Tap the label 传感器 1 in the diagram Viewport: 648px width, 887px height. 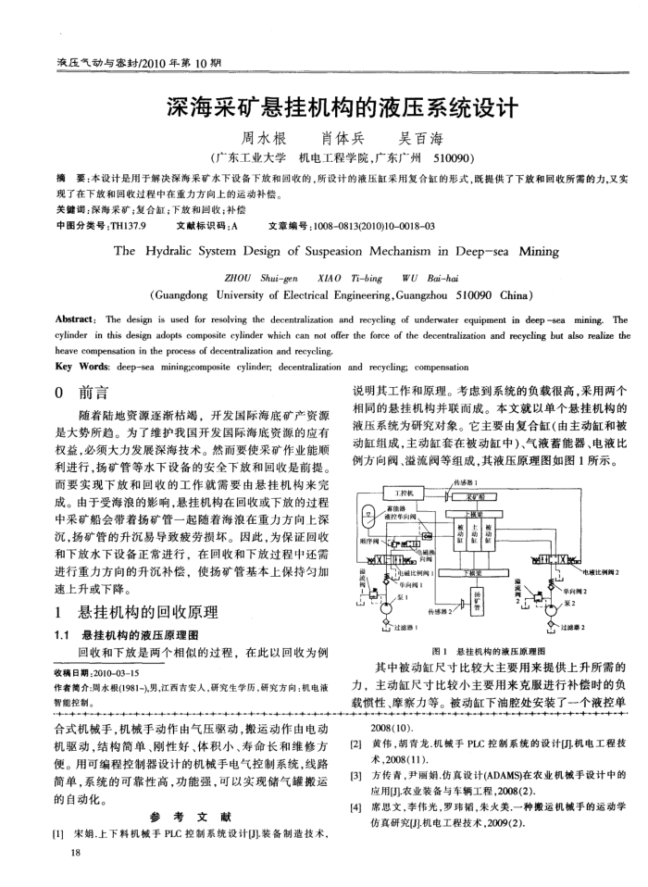472,481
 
